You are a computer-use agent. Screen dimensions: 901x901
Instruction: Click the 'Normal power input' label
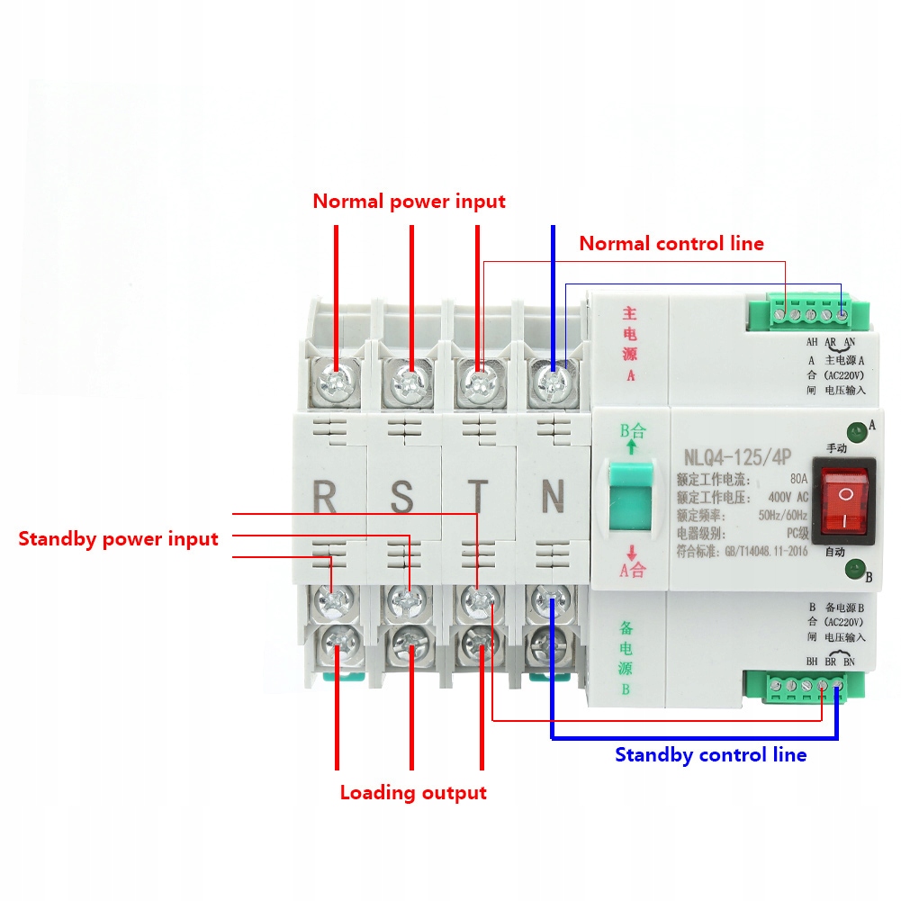tap(409, 201)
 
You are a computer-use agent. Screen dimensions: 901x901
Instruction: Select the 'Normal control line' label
tap(671, 243)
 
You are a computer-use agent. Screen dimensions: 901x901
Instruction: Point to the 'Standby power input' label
tap(118, 539)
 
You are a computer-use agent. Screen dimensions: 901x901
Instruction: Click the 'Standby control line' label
tap(710, 754)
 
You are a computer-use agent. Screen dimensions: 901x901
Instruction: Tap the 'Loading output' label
tap(412, 793)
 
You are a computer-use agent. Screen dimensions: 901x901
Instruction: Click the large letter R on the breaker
tap(324, 496)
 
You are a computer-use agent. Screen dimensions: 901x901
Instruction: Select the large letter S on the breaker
tap(401, 496)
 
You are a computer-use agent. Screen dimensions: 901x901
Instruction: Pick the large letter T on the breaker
tap(478, 496)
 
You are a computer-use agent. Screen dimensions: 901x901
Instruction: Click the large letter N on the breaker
tap(553, 496)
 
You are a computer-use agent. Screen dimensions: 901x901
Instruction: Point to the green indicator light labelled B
tap(851, 568)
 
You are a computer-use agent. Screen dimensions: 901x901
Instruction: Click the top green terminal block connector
tap(806, 315)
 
